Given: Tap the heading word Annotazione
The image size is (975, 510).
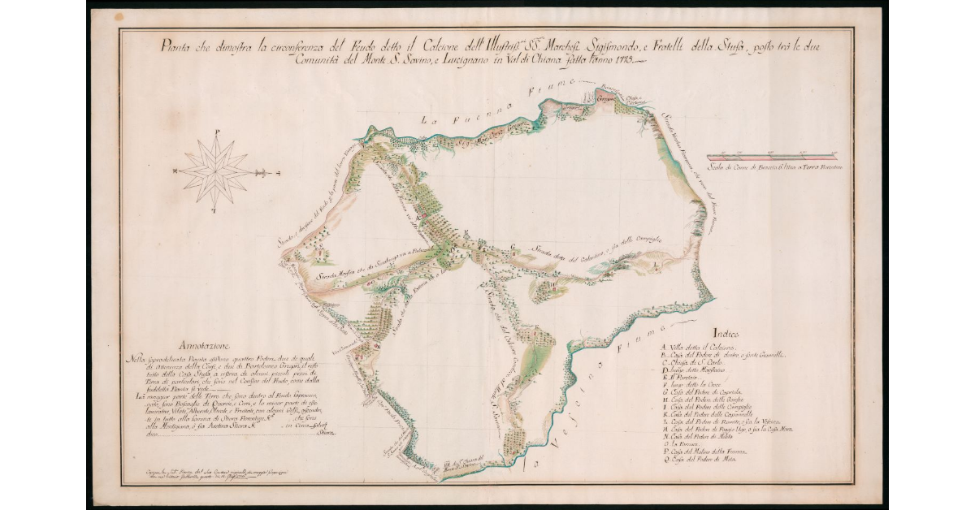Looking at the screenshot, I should (213, 344).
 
